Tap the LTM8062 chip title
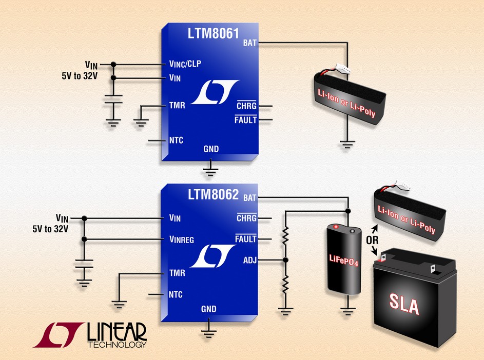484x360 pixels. pyautogui.click(x=213, y=195)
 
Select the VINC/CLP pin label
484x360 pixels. pyautogui.click(x=184, y=65)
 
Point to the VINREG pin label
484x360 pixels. pyautogui.click(x=181, y=239)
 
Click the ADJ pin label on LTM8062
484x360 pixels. pyautogui.click(x=249, y=260)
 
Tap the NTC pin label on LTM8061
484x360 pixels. pyautogui.click(x=176, y=140)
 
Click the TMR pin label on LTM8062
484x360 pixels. pyautogui.click(x=177, y=274)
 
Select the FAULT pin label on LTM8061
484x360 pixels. pyautogui.click(x=245, y=120)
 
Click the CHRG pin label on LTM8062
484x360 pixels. pyautogui.click(x=246, y=218)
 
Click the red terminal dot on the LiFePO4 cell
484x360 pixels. pyautogui.click(x=336, y=227)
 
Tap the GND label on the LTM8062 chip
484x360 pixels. pyautogui.click(x=208, y=309)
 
